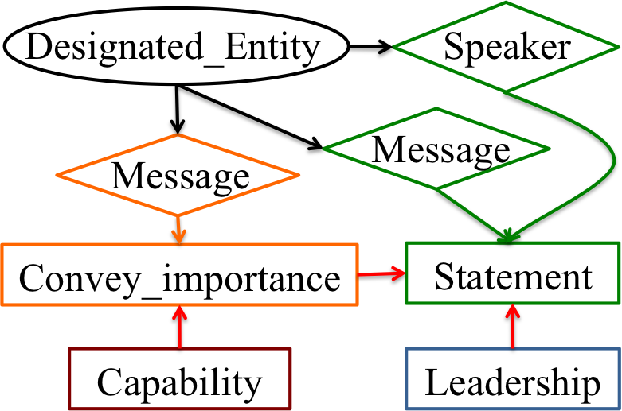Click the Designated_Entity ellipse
176,47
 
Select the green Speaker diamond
507,47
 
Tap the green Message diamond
436,149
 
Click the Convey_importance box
179,277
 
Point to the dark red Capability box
179,379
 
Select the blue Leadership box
512,379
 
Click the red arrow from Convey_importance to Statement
381,274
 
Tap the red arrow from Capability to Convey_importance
179,328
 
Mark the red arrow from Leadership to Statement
512,327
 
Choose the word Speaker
507,47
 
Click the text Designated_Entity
173,47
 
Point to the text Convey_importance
179,279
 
